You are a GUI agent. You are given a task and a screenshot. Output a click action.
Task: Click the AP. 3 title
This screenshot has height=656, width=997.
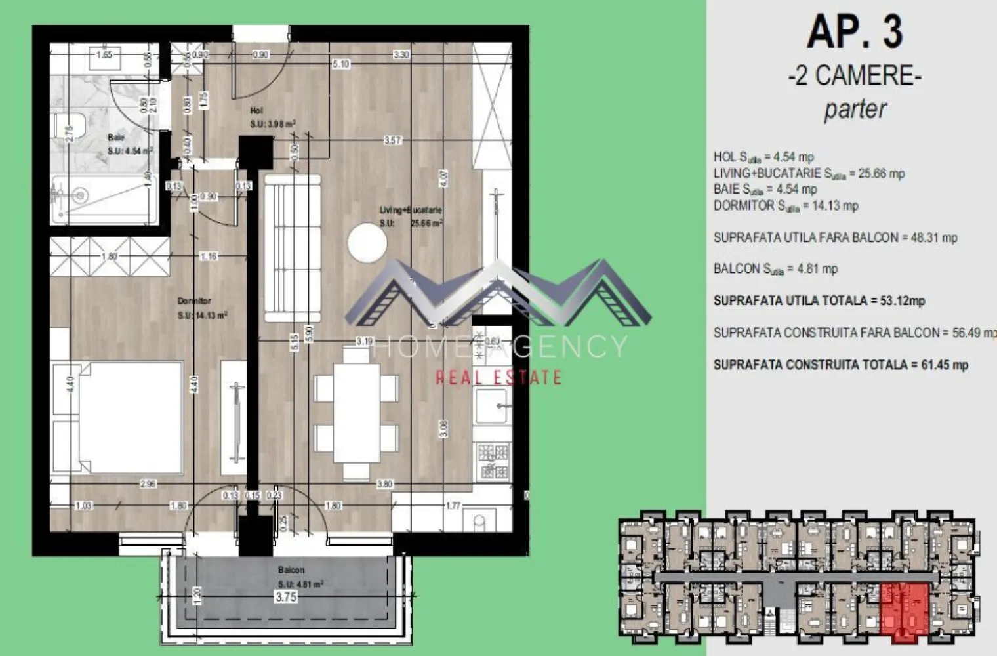click(x=855, y=31)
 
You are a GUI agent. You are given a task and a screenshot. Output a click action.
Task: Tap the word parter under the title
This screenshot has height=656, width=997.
click(x=855, y=109)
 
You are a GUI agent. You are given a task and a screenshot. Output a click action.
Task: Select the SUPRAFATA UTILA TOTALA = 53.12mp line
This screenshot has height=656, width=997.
click(x=819, y=301)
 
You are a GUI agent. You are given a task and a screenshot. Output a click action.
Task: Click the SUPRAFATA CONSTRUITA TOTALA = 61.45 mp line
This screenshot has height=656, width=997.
click(x=841, y=365)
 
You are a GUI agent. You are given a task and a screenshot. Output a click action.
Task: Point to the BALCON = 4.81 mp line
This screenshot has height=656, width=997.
click(x=775, y=269)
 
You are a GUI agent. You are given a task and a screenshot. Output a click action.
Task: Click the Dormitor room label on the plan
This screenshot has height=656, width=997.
click(x=194, y=301)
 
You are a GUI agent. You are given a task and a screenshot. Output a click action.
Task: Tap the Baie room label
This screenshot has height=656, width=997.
click(x=116, y=138)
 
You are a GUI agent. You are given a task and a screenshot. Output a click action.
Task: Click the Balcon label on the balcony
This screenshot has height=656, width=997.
click(x=291, y=570)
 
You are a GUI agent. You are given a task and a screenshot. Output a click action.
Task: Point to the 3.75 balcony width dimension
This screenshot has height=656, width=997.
click(x=286, y=597)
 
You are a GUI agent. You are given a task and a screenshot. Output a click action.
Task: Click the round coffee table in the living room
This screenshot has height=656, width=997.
click(x=367, y=243)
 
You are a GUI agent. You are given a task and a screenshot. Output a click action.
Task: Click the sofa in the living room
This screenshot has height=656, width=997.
click(x=293, y=248)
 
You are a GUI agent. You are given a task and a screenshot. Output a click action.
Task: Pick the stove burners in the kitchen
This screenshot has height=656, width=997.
click(x=493, y=461)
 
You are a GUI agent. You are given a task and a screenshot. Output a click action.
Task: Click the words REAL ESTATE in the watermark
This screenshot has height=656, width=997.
click(x=498, y=377)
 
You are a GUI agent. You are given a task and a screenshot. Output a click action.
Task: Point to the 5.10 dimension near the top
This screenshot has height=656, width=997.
click(x=341, y=64)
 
